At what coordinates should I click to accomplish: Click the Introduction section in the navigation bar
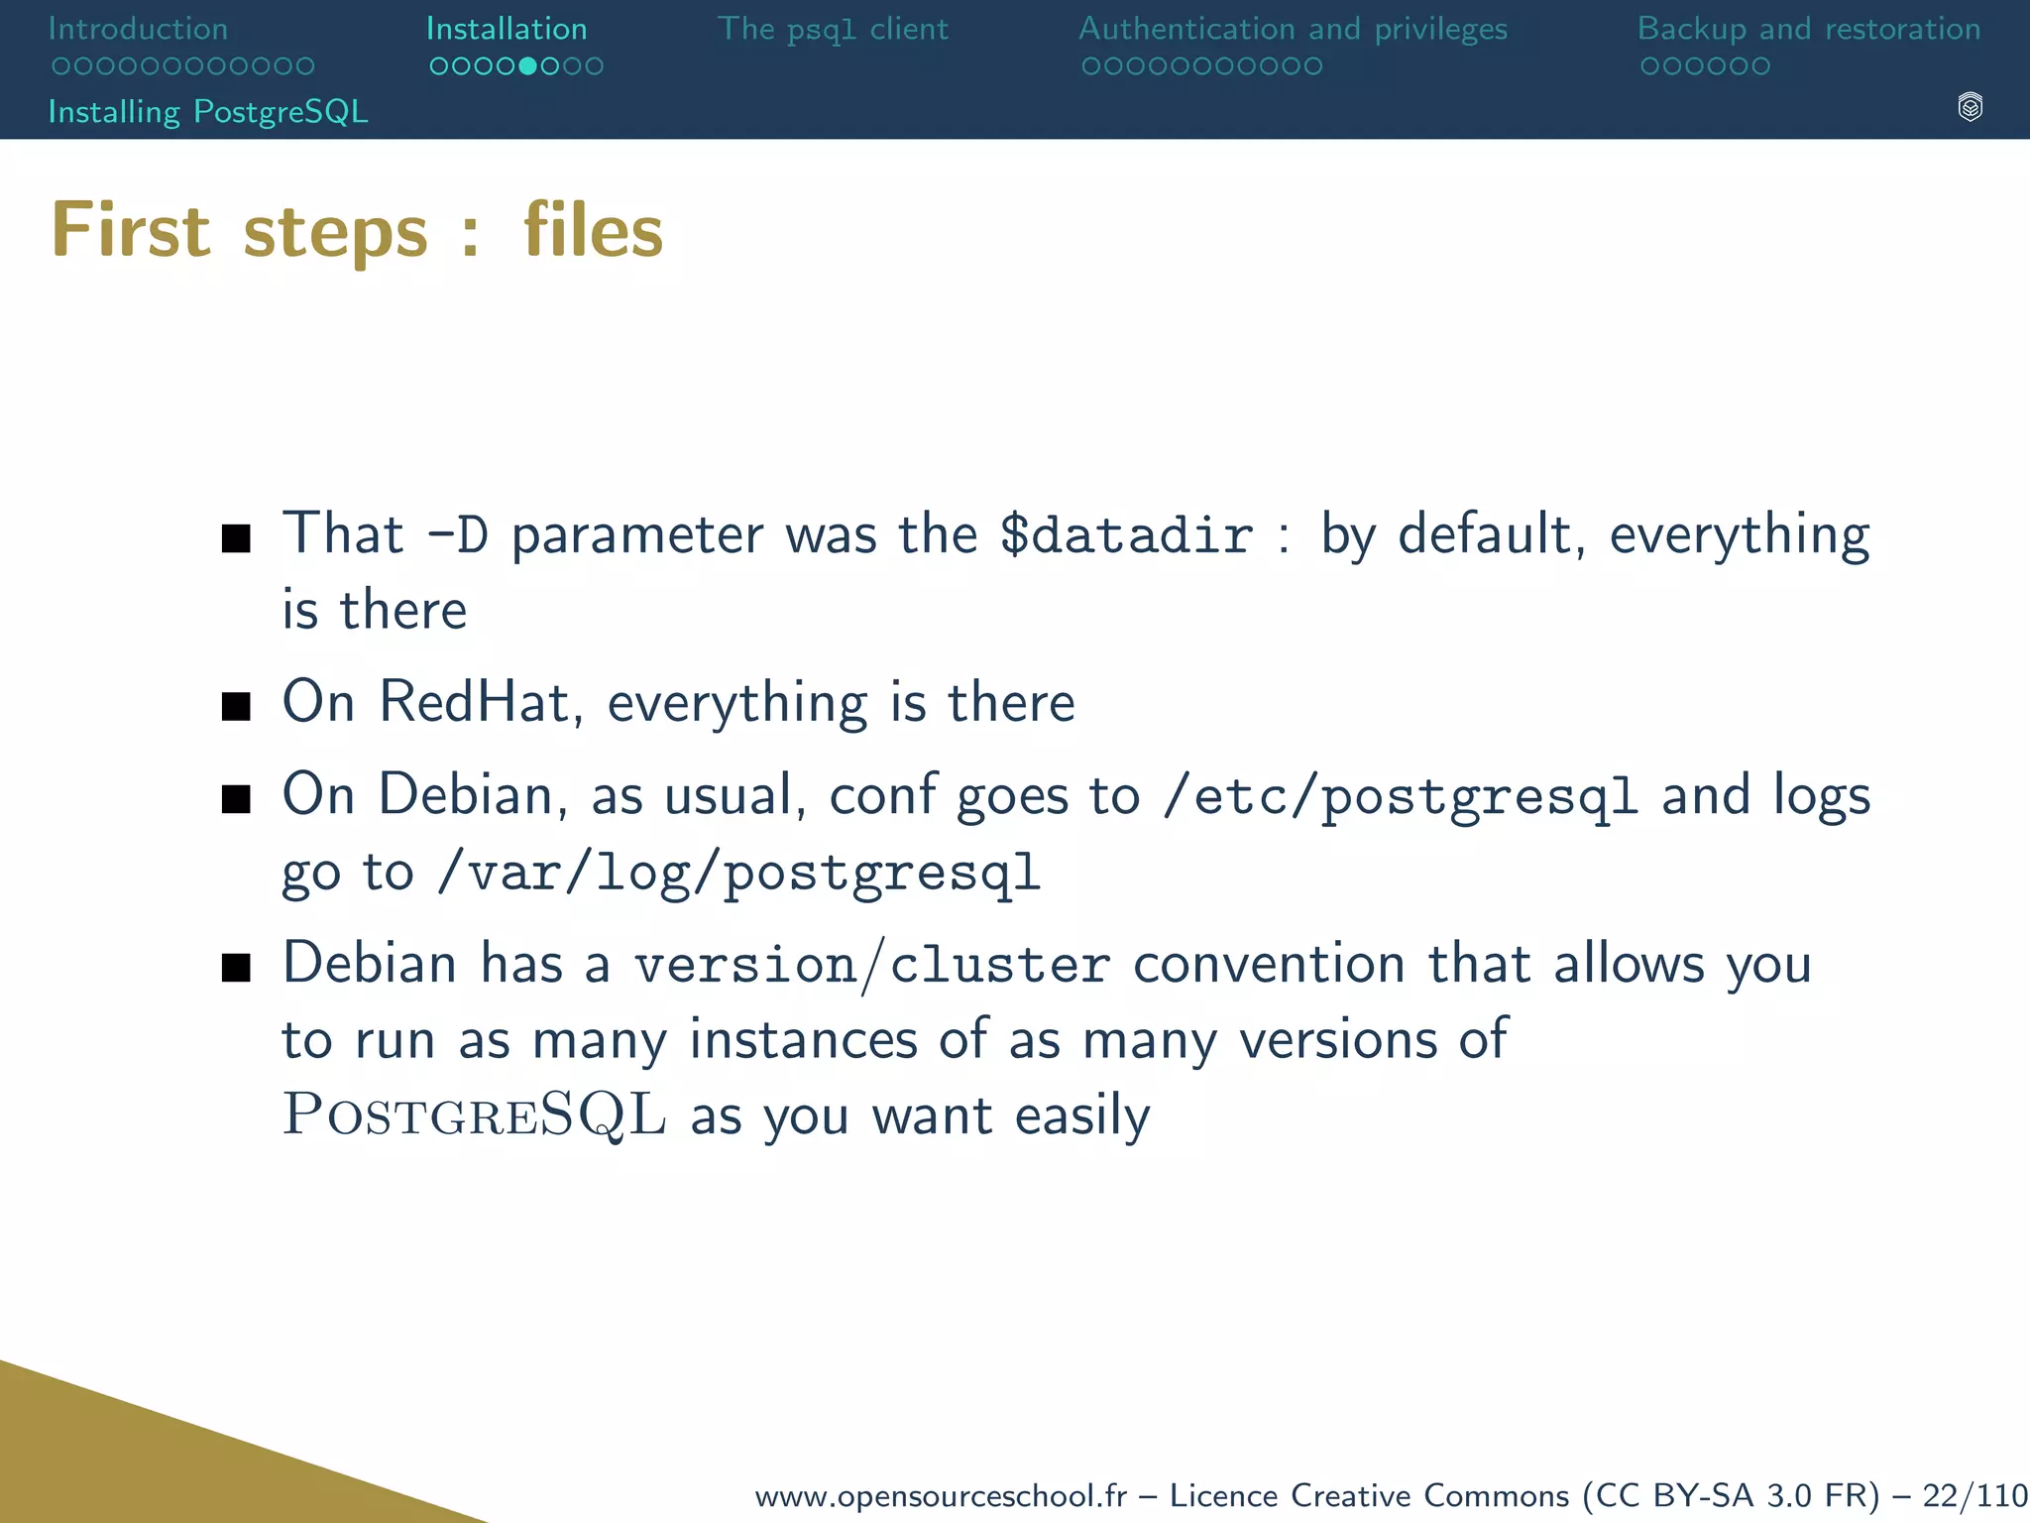click(138, 29)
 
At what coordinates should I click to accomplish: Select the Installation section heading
click(507, 29)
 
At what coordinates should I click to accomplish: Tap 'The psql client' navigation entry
click(833, 29)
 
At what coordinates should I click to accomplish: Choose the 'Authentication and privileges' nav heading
click(1293, 29)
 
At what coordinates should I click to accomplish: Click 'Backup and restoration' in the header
click(1809, 29)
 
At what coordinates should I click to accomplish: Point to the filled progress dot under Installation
click(527, 66)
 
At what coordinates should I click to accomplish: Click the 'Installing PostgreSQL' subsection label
click(208, 111)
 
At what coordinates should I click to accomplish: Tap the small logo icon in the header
click(1970, 107)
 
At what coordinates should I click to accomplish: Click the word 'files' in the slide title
click(593, 230)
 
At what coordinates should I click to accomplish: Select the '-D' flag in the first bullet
click(458, 535)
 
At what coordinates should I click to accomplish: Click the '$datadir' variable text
click(1126, 535)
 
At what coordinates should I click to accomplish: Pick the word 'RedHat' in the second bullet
click(474, 702)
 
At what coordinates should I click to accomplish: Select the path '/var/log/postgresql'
click(739, 874)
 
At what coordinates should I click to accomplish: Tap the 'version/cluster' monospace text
click(872, 965)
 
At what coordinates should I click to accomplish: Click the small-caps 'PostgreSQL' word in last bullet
click(474, 1114)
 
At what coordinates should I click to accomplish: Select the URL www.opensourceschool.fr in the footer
click(941, 1495)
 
